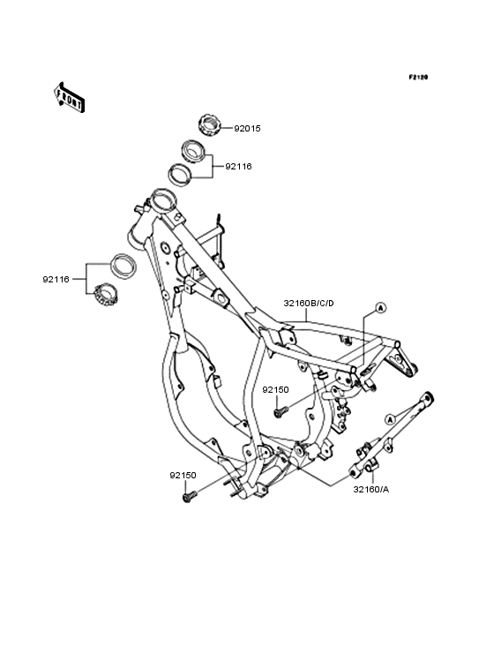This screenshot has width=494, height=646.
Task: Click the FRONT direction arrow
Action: coord(69,97)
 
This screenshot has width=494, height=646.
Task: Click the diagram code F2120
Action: coord(418,77)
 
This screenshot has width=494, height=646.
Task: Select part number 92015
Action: coord(247,129)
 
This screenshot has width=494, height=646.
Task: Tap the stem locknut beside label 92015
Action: coord(210,124)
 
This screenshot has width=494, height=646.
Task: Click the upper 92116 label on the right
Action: coord(238,167)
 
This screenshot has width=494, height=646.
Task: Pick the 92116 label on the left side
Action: coord(56,280)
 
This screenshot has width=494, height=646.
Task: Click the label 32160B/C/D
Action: coord(309,304)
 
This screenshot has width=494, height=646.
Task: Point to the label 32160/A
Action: coord(370,490)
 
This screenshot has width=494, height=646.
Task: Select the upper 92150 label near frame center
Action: coord(276,389)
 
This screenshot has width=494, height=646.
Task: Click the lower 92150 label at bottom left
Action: coord(183,475)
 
